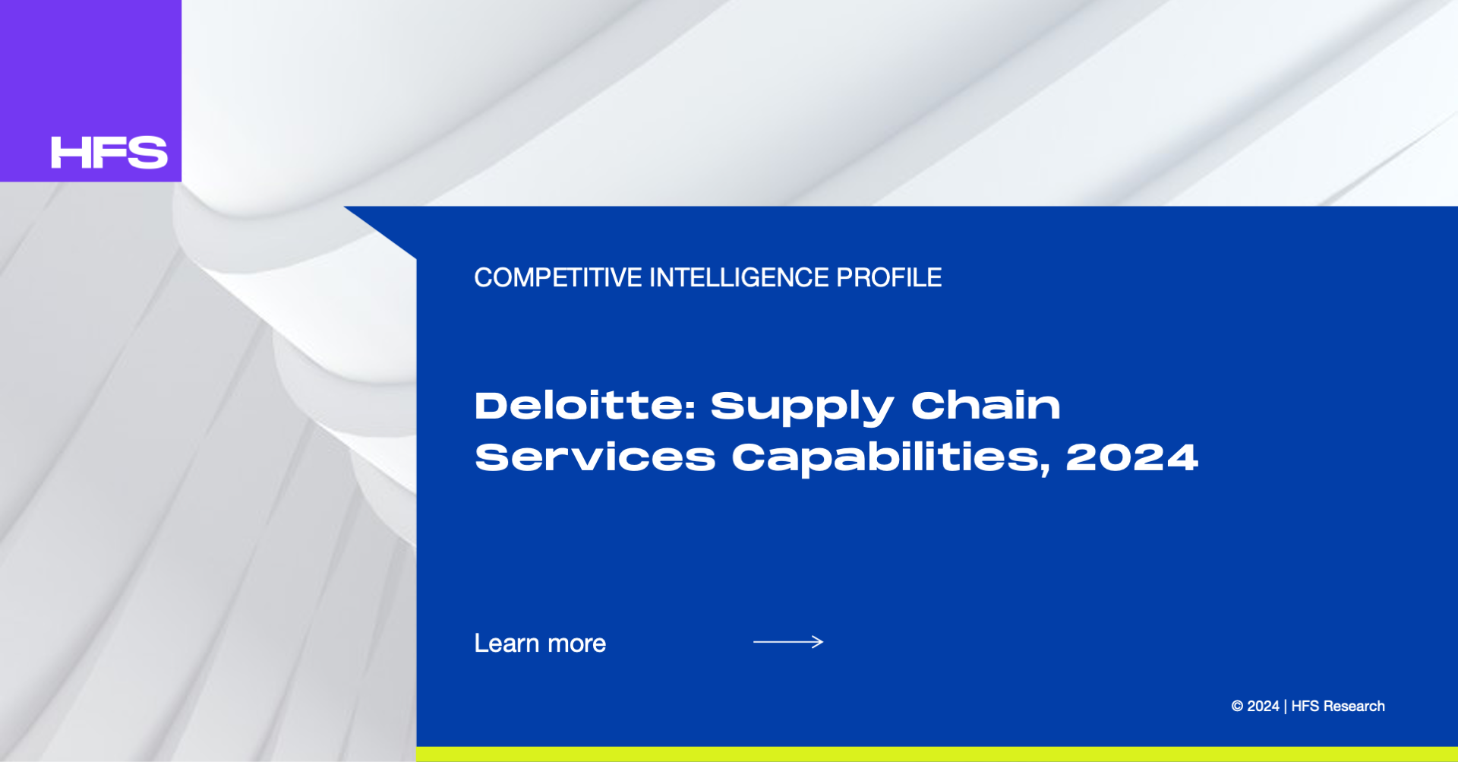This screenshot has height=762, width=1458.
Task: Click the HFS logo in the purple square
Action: point(109,153)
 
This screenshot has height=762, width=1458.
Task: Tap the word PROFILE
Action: point(888,278)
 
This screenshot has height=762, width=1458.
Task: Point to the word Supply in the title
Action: point(802,409)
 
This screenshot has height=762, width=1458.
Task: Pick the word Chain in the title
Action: point(986,406)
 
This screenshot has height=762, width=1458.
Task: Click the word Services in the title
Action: point(595,458)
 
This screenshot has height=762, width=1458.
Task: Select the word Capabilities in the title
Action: point(892,460)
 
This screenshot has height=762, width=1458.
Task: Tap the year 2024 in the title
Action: point(1132,458)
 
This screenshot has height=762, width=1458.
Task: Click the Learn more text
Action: point(540,643)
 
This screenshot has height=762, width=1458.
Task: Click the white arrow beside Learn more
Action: point(788,642)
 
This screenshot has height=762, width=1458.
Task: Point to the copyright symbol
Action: point(1237,707)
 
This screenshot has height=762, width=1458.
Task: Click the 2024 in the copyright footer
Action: point(1263,707)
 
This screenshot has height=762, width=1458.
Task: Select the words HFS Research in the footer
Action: point(1338,707)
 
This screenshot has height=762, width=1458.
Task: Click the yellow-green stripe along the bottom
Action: point(937,754)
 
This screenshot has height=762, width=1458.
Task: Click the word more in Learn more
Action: point(577,645)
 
